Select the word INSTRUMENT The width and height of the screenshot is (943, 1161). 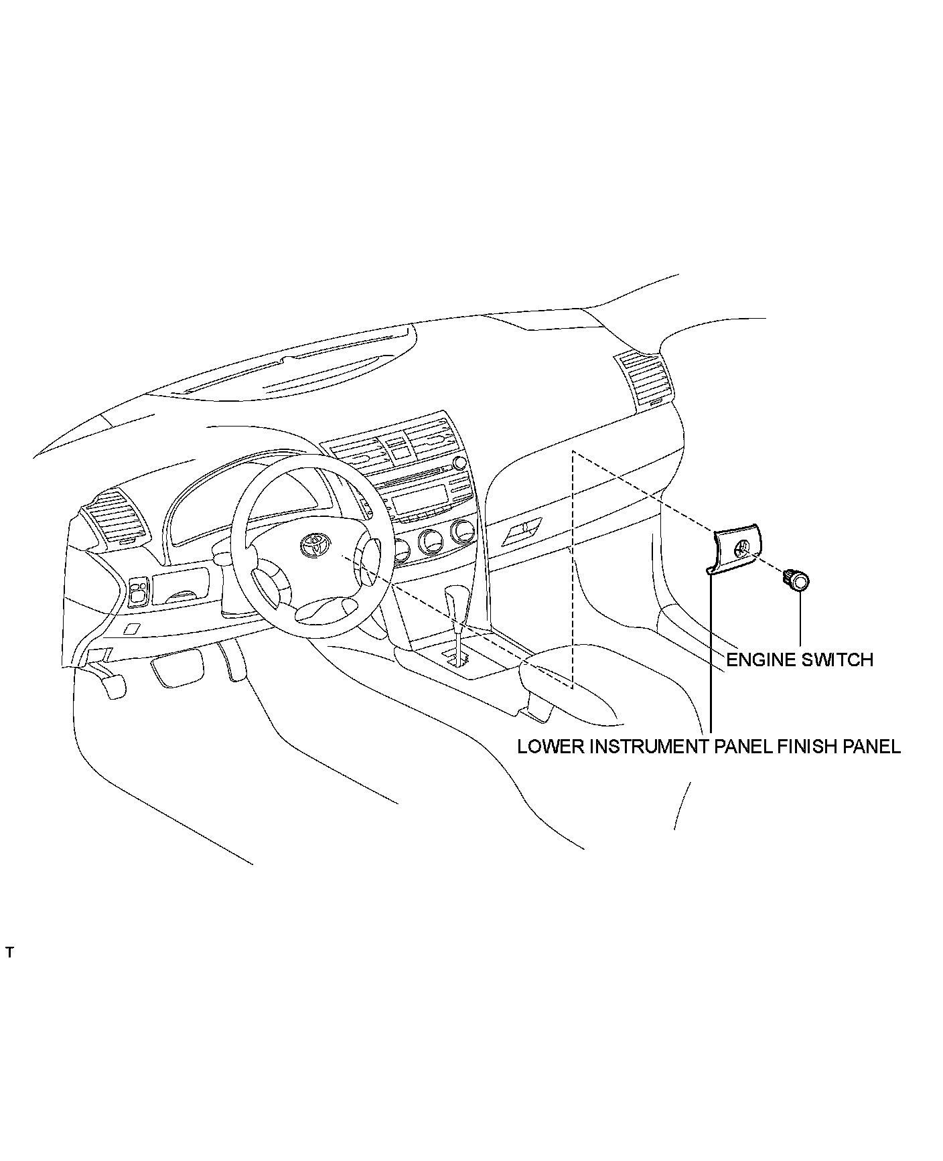(x=647, y=746)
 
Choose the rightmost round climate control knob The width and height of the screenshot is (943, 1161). (x=462, y=532)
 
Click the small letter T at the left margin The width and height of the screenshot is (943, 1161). (x=9, y=952)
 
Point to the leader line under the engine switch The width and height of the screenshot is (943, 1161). (x=800, y=619)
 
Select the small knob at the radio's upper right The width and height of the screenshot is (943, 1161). (x=459, y=463)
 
